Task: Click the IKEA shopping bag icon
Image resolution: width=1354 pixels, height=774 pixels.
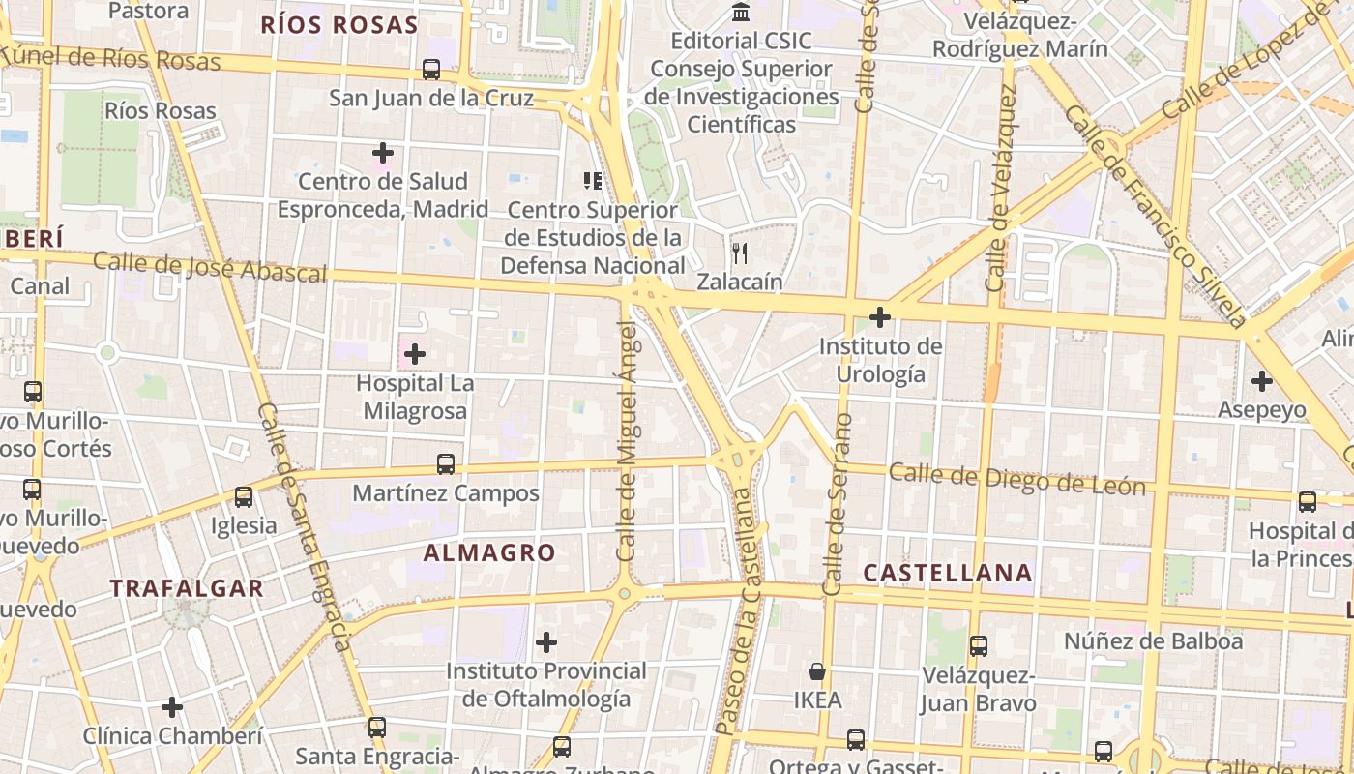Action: (x=817, y=671)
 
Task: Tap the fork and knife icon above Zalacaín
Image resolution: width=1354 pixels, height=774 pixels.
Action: (x=740, y=253)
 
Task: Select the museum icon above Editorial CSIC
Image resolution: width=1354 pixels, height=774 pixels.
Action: (x=741, y=13)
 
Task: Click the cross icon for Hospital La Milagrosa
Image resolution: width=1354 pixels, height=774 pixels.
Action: (x=415, y=354)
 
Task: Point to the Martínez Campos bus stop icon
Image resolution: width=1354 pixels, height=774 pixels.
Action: (x=445, y=464)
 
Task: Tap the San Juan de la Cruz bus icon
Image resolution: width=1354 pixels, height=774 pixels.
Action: (x=431, y=70)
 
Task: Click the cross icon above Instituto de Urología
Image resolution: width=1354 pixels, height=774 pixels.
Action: (x=880, y=317)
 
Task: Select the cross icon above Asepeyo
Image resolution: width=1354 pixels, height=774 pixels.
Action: (x=1261, y=381)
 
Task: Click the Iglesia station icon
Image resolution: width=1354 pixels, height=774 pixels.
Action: (x=244, y=497)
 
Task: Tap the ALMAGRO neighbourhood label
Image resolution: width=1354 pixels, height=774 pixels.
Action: (x=489, y=553)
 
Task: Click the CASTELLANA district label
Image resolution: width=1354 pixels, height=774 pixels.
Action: (x=947, y=573)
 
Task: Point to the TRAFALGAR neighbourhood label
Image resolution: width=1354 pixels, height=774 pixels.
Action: (x=187, y=588)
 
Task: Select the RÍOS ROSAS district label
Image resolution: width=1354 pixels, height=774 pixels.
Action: (x=338, y=25)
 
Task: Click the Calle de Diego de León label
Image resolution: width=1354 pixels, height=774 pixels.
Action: (x=1016, y=479)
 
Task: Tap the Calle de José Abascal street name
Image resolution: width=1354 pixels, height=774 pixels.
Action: (x=210, y=267)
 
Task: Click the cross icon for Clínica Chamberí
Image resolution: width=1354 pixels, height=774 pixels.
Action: (x=172, y=707)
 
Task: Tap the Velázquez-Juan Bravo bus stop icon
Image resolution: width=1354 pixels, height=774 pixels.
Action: (x=979, y=646)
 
